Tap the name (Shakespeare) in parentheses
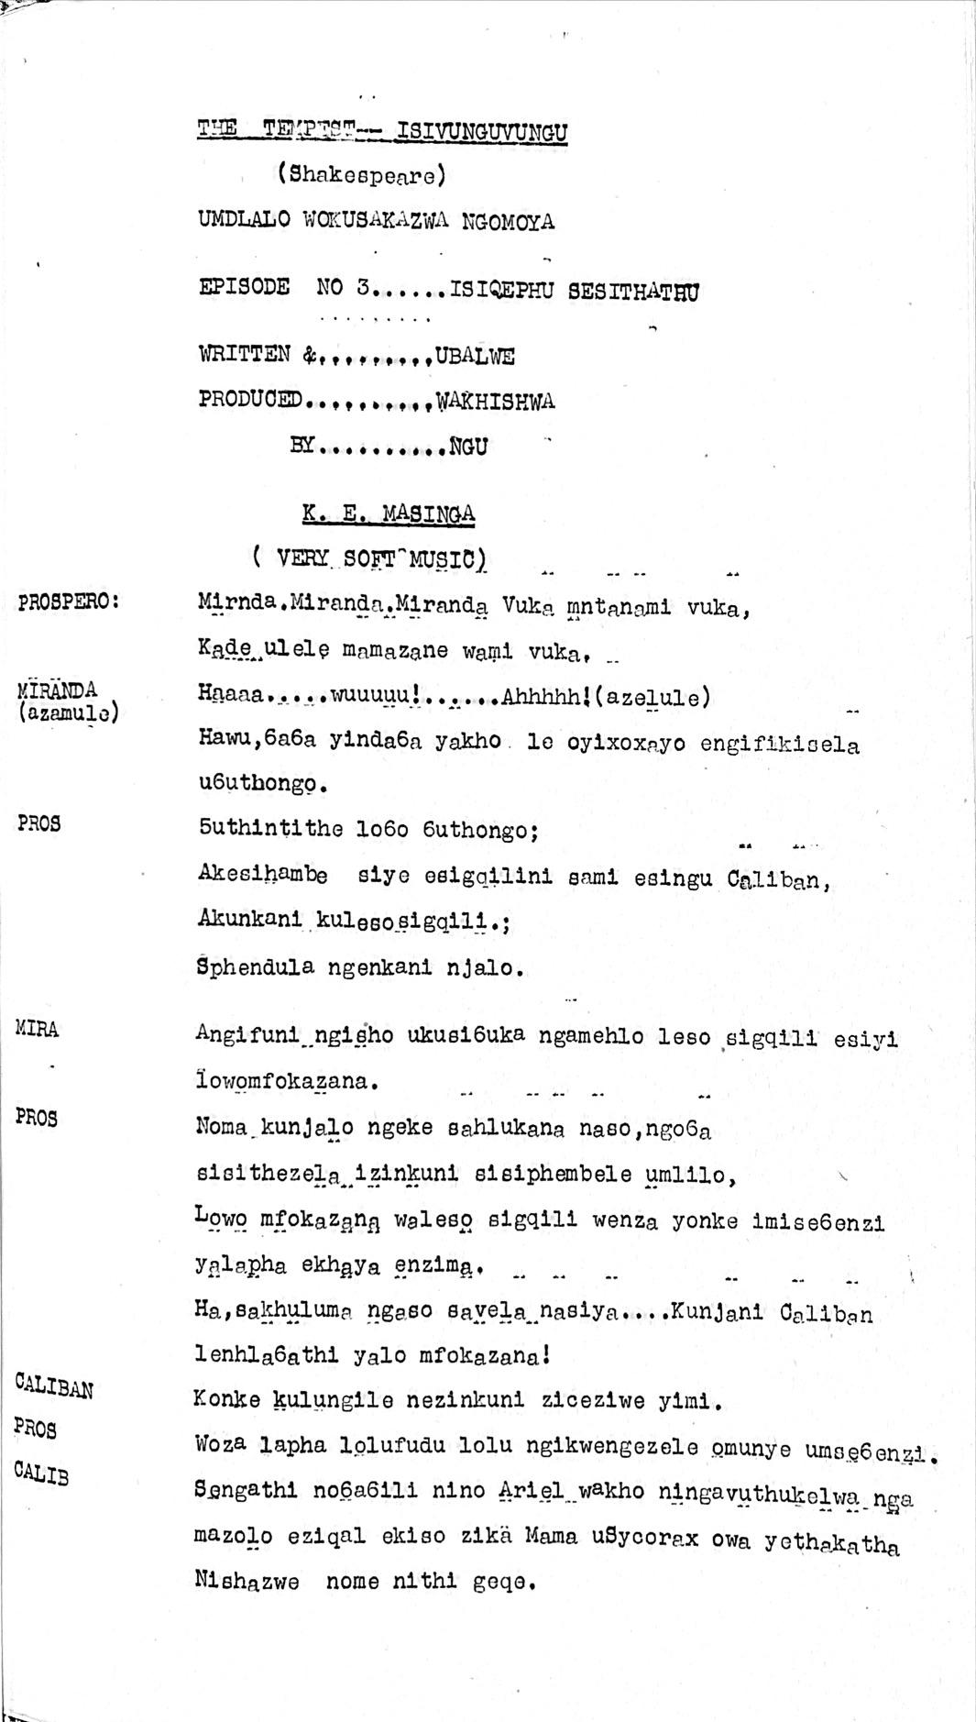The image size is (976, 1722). coord(362,174)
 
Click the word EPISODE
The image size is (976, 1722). coord(244,287)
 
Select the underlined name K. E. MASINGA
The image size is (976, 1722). coord(389,513)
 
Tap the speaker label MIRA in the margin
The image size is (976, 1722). coord(37,1029)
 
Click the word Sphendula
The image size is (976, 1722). coord(256,967)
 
